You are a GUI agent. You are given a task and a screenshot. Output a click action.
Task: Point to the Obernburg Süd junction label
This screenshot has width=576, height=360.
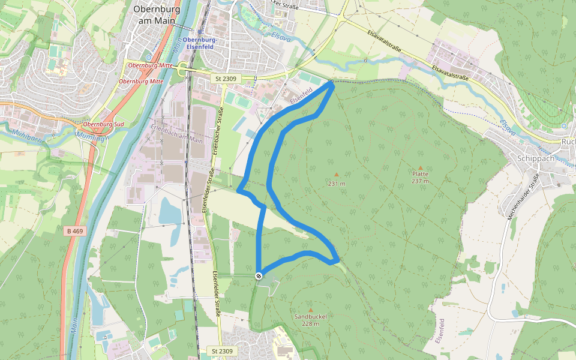click(x=103, y=124)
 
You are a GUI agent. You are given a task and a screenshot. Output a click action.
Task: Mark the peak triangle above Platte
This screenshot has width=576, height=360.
click(x=420, y=168)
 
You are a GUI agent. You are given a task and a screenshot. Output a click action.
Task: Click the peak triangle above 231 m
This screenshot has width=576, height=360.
click(x=336, y=175)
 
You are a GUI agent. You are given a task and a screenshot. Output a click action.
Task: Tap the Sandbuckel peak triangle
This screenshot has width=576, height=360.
click(x=310, y=310)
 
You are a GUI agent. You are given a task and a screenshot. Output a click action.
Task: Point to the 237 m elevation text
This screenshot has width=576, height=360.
click(x=420, y=181)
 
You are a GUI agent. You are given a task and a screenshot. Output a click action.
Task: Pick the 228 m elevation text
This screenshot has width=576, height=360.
click(x=310, y=324)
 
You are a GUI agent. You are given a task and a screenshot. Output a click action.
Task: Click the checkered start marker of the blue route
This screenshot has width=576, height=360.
click(x=259, y=275)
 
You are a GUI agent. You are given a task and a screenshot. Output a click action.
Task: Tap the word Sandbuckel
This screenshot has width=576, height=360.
click(x=310, y=317)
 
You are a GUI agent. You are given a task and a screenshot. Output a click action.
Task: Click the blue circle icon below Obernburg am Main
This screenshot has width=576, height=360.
click(x=149, y=57)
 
